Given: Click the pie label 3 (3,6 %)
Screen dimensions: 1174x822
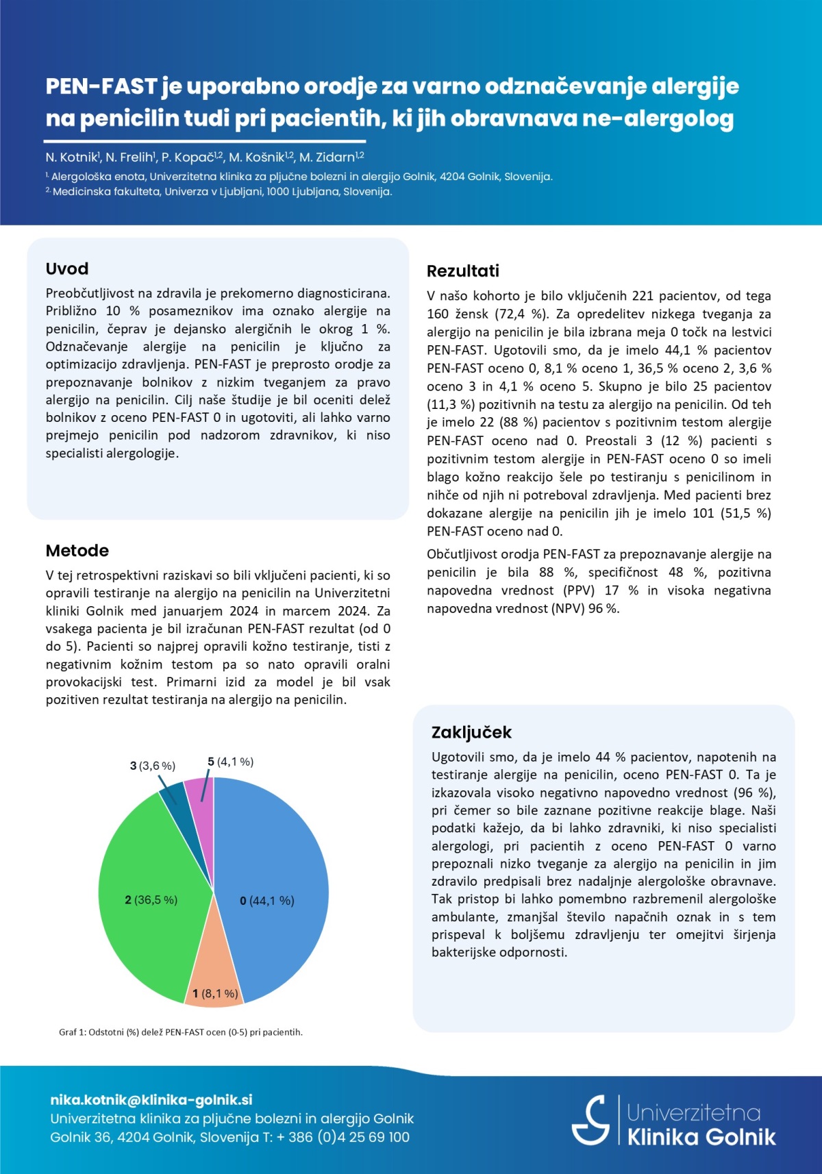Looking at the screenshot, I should pyautogui.click(x=153, y=766).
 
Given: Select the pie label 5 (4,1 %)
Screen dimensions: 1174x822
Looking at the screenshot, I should pyautogui.click(x=231, y=762).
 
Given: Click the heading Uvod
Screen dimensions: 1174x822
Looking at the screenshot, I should pyautogui.click(x=67, y=268).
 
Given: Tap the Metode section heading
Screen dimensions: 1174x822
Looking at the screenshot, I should pyautogui.click(x=77, y=551).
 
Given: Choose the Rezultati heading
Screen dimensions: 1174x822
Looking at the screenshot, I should pyautogui.click(x=463, y=271).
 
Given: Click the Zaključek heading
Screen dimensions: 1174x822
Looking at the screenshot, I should pyautogui.click(x=471, y=732).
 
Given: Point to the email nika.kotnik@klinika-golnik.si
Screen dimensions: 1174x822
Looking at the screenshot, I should pyautogui.click(x=151, y=1100).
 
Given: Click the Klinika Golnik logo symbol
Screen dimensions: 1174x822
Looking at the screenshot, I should pyautogui.click(x=591, y=1120).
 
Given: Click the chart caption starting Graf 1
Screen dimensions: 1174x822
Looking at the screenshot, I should pyautogui.click(x=181, y=1032).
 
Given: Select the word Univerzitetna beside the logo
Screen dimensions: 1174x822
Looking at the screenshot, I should pyautogui.click(x=693, y=1112).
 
